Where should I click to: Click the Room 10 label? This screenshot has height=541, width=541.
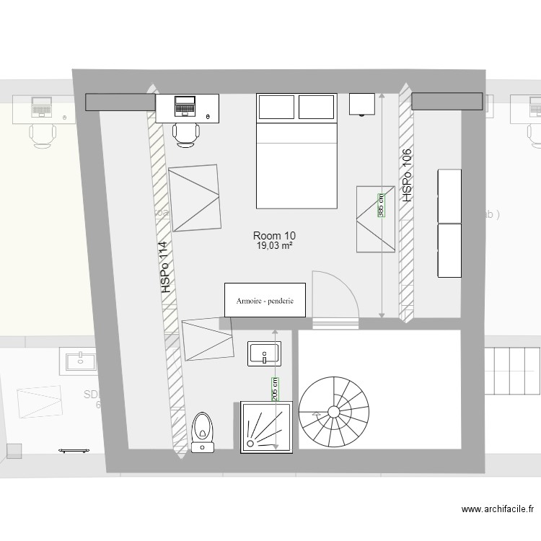(x=274, y=236)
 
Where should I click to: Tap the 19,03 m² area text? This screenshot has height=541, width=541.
(x=274, y=246)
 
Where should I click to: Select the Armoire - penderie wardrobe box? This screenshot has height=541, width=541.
(x=265, y=299)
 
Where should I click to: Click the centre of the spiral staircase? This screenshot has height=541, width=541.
(x=333, y=412)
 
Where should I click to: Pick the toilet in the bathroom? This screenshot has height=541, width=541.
(x=203, y=428)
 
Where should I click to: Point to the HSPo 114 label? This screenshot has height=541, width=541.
(x=167, y=266)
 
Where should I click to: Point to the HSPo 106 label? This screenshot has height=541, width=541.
(x=407, y=175)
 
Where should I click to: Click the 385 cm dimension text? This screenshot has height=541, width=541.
(x=381, y=204)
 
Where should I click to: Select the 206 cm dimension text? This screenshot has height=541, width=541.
(x=275, y=390)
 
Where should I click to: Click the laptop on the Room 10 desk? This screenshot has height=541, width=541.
(x=185, y=106)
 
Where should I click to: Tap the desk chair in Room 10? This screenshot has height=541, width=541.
(x=186, y=134)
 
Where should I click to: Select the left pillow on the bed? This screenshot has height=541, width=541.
(x=277, y=107)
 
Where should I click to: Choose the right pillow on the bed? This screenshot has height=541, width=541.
(x=317, y=107)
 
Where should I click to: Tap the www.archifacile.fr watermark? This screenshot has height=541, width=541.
(x=501, y=509)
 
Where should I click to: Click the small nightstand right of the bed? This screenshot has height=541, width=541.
(x=362, y=104)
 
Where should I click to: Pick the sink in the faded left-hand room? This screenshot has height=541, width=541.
(x=80, y=361)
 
